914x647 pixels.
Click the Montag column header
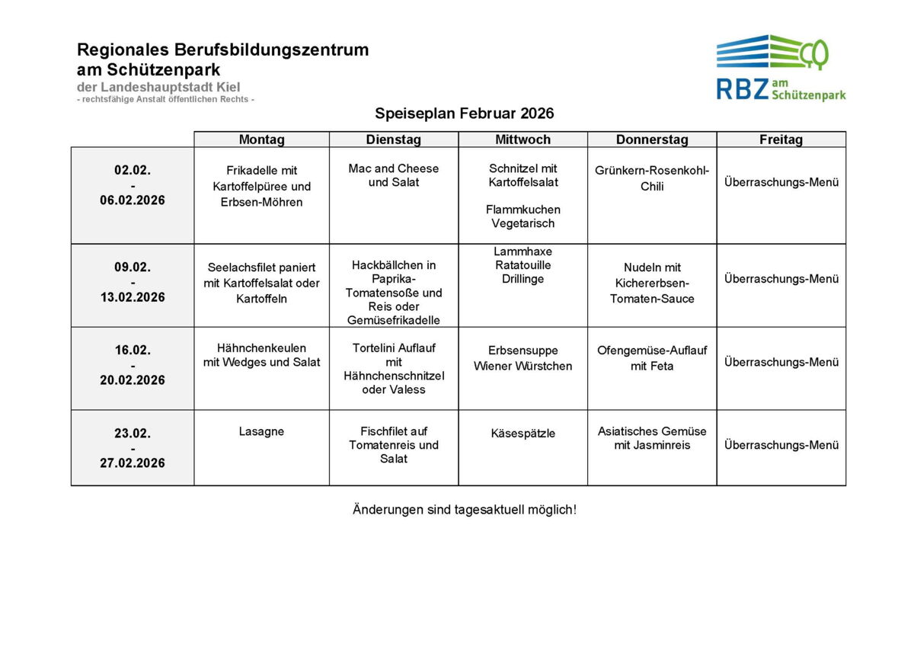pyautogui.click(x=261, y=139)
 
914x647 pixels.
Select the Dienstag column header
pyautogui.click(x=393, y=139)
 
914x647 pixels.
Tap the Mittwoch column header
pyautogui.click(x=523, y=139)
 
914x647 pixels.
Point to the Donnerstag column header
pyautogui.click(x=652, y=139)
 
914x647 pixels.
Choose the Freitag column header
pyautogui.click(x=781, y=139)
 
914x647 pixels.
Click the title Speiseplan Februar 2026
pyautogui.click(x=464, y=114)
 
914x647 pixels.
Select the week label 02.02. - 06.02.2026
pyautogui.click(x=133, y=185)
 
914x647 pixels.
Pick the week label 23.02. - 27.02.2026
pyautogui.click(x=133, y=448)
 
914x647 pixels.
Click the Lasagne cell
pyautogui.click(x=261, y=431)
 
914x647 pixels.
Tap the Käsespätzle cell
pyautogui.click(x=523, y=434)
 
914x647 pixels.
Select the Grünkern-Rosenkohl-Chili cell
pyautogui.click(x=652, y=178)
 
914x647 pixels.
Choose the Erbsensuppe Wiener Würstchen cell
pyautogui.click(x=523, y=358)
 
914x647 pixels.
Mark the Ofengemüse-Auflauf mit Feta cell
pyautogui.click(x=652, y=358)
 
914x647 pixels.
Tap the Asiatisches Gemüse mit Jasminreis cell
pyautogui.click(x=652, y=438)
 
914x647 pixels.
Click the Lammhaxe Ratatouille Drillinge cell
pyautogui.click(x=523, y=265)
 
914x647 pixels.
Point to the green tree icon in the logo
pyautogui.click(x=817, y=53)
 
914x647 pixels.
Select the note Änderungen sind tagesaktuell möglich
pyautogui.click(x=464, y=509)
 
